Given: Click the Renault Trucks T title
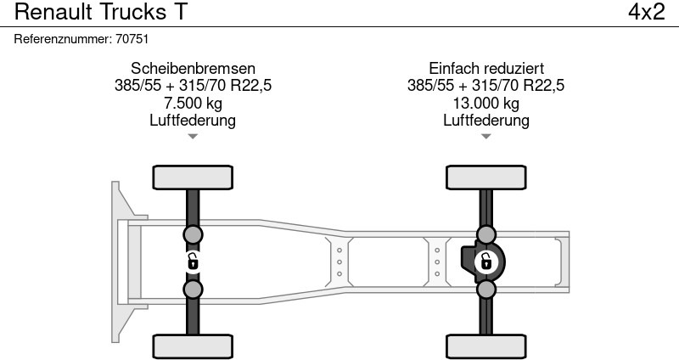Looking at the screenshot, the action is pyautogui.click(x=100, y=12).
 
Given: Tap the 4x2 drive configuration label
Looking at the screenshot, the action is pyautogui.click(x=646, y=12).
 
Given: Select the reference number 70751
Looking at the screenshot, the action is pyautogui.click(x=132, y=39).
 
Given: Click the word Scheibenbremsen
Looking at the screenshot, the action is pyautogui.click(x=193, y=69).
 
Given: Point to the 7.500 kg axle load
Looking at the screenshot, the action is pyautogui.click(x=193, y=103).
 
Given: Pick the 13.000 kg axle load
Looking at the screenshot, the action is pyautogui.click(x=485, y=103).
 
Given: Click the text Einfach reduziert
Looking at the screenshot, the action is pyautogui.click(x=485, y=69).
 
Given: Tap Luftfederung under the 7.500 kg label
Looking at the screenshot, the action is pyautogui.click(x=193, y=120).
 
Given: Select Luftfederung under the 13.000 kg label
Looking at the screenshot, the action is pyautogui.click(x=485, y=120).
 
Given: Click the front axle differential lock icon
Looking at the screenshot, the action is pyautogui.click(x=193, y=262).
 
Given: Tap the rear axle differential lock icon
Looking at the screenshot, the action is pyautogui.click(x=485, y=262).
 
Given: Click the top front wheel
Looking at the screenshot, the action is pyautogui.click(x=193, y=177).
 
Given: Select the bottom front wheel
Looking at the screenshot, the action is pyautogui.click(x=193, y=346).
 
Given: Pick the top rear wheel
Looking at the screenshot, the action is pyautogui.click(x=485, y=177).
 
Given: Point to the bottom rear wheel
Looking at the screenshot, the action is pyautogui.click(x=485, y=346).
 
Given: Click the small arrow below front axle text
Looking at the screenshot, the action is pyautogui.click(x=193, y=137).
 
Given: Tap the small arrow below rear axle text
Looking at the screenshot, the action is pyautogui.click(x=485, y=137).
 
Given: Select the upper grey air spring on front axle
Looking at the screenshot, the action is pyautogui.click(x=193, y=235).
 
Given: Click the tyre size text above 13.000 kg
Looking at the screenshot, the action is pyautogui.click(x=485, y=86).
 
